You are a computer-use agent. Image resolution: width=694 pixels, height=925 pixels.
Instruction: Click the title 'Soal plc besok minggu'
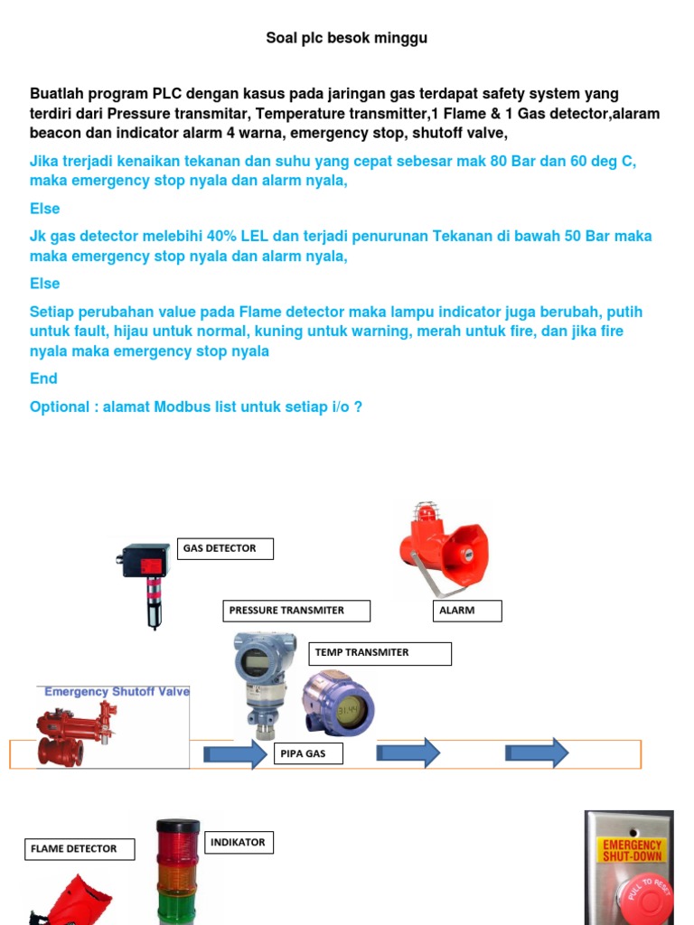tap(346, 38)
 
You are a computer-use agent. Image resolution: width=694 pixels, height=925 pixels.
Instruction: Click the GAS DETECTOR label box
tap(225, 548)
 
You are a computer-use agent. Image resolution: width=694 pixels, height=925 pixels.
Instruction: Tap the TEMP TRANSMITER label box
tap(380, 653)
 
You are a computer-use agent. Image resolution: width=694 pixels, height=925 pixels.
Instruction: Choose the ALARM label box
tap(465, 611)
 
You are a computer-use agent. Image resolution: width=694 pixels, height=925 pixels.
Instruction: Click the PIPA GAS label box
tap(308, 753)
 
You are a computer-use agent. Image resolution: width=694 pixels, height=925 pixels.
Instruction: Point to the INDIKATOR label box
tap(239, 843)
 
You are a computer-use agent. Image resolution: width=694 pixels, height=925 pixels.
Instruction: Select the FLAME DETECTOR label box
tap(80, 849)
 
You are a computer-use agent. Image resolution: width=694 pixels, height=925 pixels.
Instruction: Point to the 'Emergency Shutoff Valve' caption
tap(117, 692)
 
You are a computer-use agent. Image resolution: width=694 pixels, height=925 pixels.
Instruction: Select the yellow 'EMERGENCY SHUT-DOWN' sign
tap(633, 850)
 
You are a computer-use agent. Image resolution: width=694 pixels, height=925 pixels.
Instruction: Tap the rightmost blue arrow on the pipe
tap(537, 752)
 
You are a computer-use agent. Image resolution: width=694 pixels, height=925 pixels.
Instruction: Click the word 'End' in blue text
tap(43, 378)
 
